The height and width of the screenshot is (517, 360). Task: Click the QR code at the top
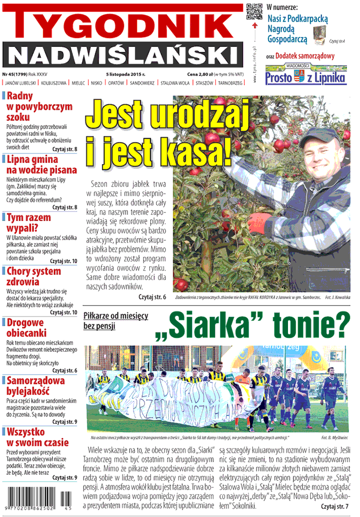click(254, 12)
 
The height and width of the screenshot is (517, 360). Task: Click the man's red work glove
click(263, 222)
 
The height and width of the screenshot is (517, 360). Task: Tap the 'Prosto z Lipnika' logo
click(305, 76)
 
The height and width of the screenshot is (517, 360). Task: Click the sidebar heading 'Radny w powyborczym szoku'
click(31, 106)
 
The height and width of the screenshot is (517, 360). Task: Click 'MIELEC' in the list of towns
click(78, 83)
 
